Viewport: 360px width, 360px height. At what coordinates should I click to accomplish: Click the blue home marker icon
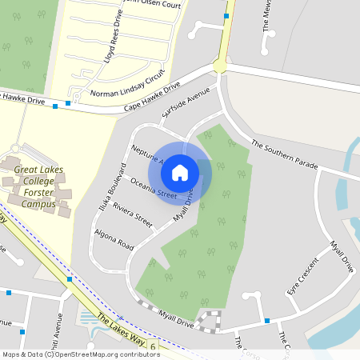coord(180,171)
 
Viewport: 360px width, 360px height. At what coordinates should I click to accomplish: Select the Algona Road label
coord(114,238)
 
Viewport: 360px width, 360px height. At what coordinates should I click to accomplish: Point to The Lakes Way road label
coord(121,327)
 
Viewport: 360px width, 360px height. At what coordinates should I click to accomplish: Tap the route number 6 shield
coord(152,346)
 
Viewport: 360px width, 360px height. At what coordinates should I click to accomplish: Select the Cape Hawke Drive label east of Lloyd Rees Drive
coord(152,98)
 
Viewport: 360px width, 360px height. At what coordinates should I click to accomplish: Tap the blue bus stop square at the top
coord(227,16)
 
